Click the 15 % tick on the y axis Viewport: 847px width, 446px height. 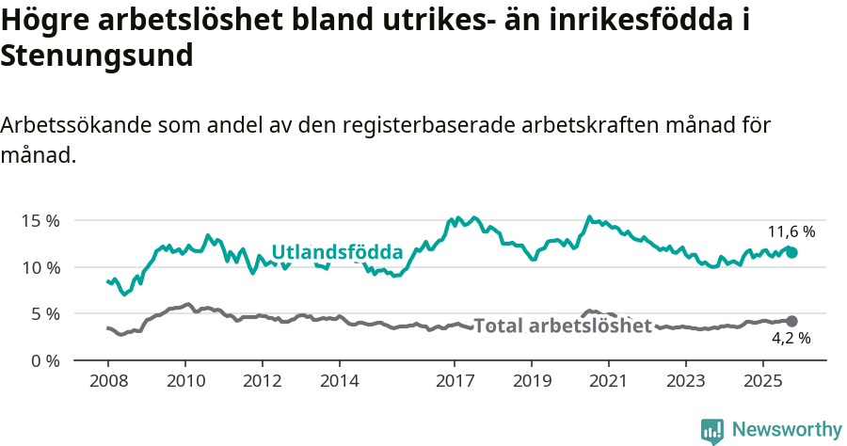[x=40, y=220]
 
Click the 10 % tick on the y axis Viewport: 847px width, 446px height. [x=40, y=267]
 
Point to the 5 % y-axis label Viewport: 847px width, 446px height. [x=45, y=313]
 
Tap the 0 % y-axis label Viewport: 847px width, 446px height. [x=45, y=360]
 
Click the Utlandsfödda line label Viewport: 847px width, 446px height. [x=337, y=252]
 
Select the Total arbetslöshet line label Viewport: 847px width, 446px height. [x=562, y=327]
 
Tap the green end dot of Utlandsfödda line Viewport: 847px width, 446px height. [x=791, y=252]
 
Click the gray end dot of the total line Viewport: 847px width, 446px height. [x=791, y=321]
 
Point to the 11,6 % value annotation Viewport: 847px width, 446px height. [x=791, y=231]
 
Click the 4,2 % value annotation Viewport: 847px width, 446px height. [x=791, y=338]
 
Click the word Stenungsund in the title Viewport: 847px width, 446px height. [x=97, y=56]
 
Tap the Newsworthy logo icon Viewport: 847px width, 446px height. [x=712, y=430]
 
